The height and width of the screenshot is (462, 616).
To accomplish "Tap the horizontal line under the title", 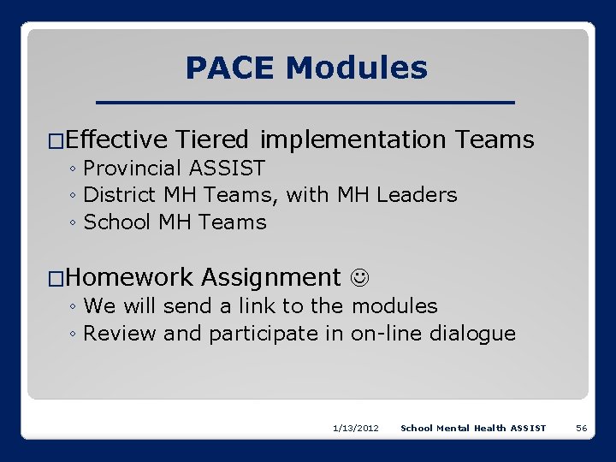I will pos(307,103).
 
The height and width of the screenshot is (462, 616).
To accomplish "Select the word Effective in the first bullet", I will pos(116,139).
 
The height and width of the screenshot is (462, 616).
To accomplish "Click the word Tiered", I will pos(212,139).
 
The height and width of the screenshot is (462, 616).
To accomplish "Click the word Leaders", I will pos(417,195).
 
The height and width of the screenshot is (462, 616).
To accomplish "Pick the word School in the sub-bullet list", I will pos(118,222).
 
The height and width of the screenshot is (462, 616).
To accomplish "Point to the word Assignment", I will pos(270,277).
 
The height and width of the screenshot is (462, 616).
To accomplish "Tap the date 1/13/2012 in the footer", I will pos(356,428).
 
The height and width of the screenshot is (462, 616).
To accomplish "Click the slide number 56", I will pos(581,428).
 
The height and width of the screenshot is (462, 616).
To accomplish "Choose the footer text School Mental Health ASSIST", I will pos(473,428).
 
